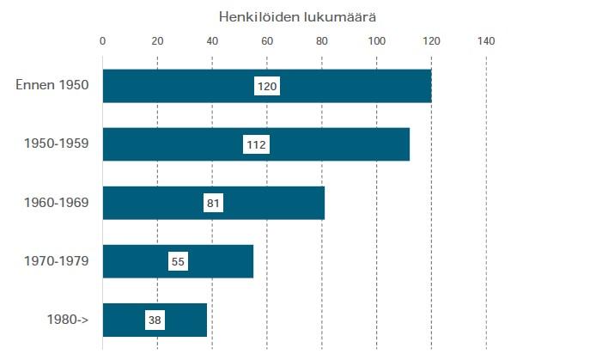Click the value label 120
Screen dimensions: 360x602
[267, 86]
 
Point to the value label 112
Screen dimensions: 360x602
[256, 144]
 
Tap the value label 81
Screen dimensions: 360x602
[214, 203]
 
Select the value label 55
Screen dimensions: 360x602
[178, 261]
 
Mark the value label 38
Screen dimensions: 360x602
[155, 320]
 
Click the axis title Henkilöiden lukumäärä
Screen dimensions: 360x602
[297, 16]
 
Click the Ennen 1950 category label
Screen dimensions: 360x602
[52, 86]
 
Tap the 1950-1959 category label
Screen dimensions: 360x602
[56, 144]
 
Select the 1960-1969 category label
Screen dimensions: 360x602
[56, 203]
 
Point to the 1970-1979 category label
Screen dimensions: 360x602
[56, 261]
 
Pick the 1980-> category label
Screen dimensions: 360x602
[69, 320]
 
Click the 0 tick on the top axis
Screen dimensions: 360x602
[103, 40]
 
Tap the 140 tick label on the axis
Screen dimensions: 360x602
[486, 40]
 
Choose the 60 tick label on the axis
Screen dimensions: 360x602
[267, 40]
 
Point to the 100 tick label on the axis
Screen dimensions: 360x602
[376, 40]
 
